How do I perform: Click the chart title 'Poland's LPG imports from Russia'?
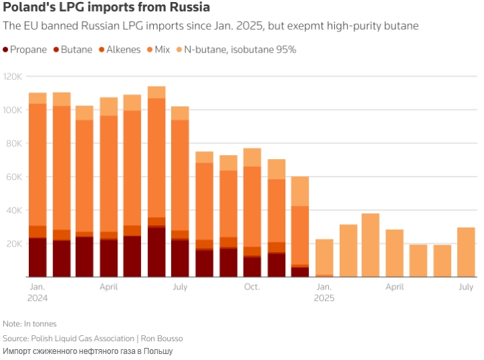(x=107, y=8)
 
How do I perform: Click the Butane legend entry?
(x=76, y=50)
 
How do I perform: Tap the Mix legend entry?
(x=162, y=50)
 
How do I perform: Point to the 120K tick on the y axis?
(x=13, y=77)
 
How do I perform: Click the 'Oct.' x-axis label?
(x=252, y=287)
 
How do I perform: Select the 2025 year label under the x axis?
(x=324, y=298)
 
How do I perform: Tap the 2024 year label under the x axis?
(x=38, y=298)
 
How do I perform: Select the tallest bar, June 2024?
(x=157, y=181)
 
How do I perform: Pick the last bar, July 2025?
(x=466, y=253)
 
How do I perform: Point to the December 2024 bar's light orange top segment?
(x=300, y=191)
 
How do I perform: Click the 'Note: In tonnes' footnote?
(x=30, y=324)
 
